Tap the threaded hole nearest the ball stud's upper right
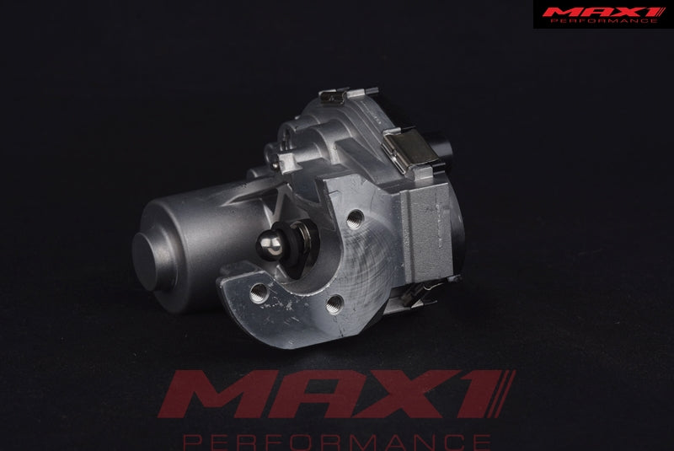[x=356, y=219]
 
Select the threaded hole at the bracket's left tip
[x=259, y=293]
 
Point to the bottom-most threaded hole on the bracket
[x=334, y=304]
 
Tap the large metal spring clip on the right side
[x=406, y=149]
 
